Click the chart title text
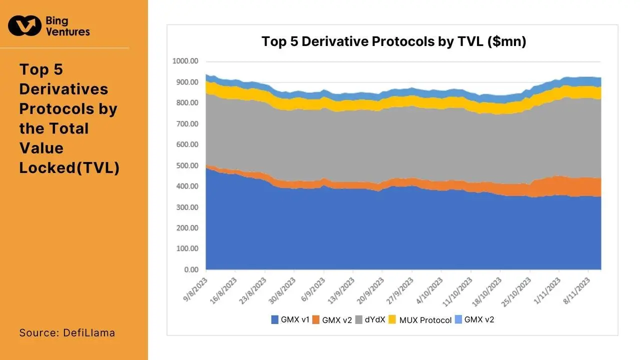tap(393, 41)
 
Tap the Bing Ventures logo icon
tap(24, 25)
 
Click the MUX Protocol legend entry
tap(420, 320)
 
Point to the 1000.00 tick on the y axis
tap(185, 61)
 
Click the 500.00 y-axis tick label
tap(187, 165)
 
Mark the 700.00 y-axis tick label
tap(187, 123)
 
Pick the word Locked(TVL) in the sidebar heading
tap(69, 167)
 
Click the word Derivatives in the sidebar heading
tap(63, 89)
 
